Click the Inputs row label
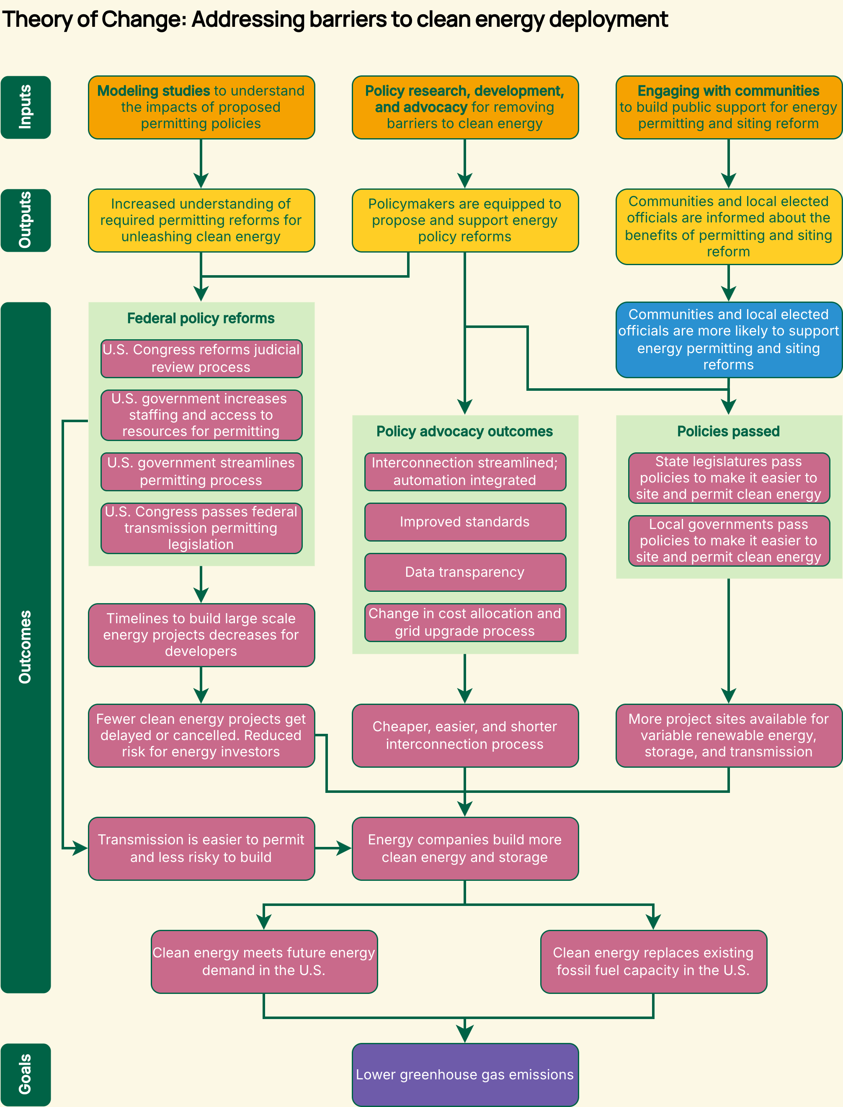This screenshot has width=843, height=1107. click(26, 107)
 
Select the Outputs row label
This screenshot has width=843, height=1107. click(26, 220)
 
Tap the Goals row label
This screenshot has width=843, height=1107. click(26, 1074)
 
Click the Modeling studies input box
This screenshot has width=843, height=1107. click(201, 107)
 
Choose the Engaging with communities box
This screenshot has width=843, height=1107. click(728, 107)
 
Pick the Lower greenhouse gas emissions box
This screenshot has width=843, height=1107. click(465, 1074)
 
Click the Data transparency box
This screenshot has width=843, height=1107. click(465, 572)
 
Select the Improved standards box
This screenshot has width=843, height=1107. click(465, 522)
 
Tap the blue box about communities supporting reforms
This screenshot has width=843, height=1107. click(728, 339)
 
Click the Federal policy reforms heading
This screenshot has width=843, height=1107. click(201, 318)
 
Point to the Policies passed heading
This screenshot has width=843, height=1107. click(728, 431)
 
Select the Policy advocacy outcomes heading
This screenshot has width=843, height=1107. click(465, 431)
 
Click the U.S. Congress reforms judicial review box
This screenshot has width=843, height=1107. click(201, 358)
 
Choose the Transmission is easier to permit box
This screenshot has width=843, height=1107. click(201, 848)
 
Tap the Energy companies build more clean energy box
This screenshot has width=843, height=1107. click(465, 848)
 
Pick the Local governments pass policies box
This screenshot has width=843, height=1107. click(729, 540)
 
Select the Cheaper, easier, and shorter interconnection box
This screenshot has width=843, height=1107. click(465, 735)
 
